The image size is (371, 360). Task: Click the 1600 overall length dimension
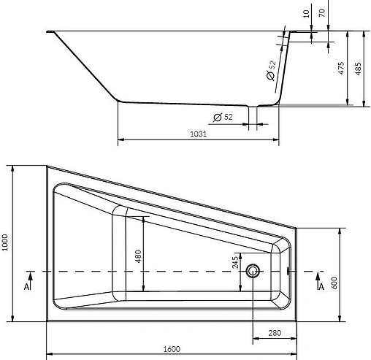point(172,349)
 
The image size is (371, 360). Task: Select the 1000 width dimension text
point(6,243)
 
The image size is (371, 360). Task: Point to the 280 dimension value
point(274,334)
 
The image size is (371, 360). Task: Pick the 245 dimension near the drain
point(235,261)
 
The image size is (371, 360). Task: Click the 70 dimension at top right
point(322,12)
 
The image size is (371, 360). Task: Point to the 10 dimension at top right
point(305,12)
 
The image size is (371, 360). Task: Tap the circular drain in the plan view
point(253,272)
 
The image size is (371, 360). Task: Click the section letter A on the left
point(27,288)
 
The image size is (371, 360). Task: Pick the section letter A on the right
point(320,288)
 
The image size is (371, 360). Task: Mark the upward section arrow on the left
point(30,277)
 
